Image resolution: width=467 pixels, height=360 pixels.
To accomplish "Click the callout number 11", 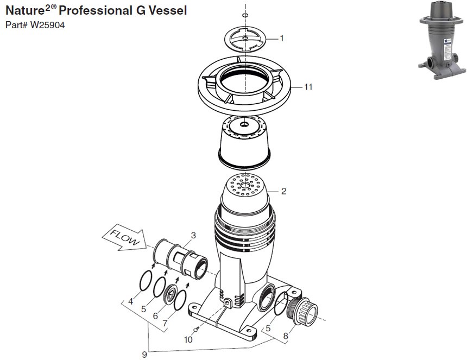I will point(308,87).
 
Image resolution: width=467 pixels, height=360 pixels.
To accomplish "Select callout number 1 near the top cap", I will point(282,38).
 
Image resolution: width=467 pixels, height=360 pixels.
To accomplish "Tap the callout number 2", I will point(283,191).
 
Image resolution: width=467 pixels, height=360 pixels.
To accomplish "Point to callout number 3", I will point(193,235).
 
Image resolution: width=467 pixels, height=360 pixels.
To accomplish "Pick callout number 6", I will point(156,315).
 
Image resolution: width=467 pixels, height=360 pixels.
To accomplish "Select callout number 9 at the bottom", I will point(144,354).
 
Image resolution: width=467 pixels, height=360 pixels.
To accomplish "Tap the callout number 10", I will point(188,340).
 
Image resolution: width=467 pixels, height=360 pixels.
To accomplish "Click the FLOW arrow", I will point(122,238).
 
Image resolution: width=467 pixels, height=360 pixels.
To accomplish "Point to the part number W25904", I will point(48,25).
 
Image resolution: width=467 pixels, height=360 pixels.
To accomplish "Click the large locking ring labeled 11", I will point(244,90).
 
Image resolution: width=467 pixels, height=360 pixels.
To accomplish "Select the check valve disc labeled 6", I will point(170,293).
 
